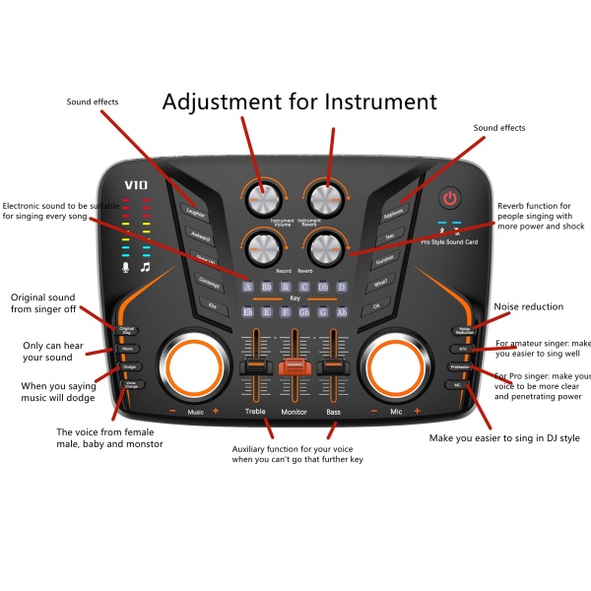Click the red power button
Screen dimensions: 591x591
[x=450, y=198]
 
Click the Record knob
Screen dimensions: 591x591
[x=263, y=245]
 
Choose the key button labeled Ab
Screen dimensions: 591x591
[x=342, y=312]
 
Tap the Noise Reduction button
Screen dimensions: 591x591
[x=463, y=332]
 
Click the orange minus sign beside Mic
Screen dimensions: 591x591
[x=374, y=411]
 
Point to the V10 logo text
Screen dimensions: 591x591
[x=135, y=184]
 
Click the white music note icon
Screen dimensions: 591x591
[x=145, y=266]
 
